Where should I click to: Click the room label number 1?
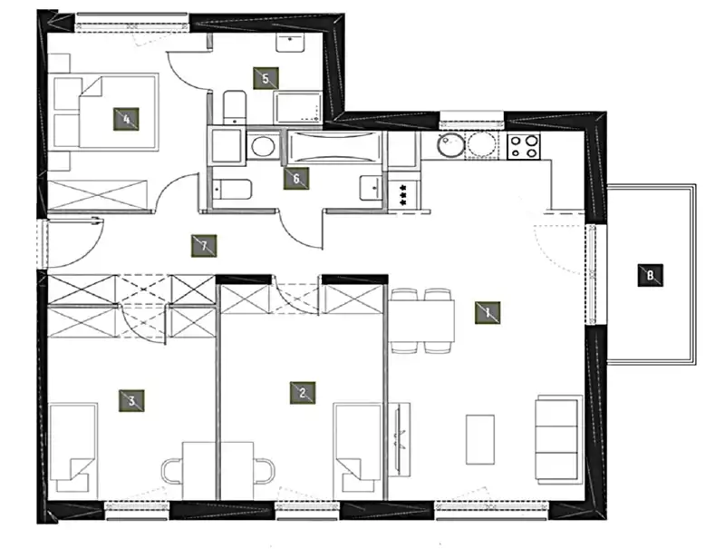[488, 312]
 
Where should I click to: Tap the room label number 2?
[303, 393]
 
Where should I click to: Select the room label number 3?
[131, 401]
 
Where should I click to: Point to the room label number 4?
[126, 120]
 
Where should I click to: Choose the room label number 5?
[266, 78]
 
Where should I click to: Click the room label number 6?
[296, 179]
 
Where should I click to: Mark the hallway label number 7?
[204, 246]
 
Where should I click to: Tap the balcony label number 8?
[650, 276]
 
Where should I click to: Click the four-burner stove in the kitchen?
[524, 146]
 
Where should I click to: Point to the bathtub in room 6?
[334, 148]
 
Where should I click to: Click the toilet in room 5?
[235, 107]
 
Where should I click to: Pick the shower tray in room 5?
[298, 107]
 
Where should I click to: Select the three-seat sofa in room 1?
[558, 440]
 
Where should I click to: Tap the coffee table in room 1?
[480, 439]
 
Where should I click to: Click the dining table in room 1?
[421, 321]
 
